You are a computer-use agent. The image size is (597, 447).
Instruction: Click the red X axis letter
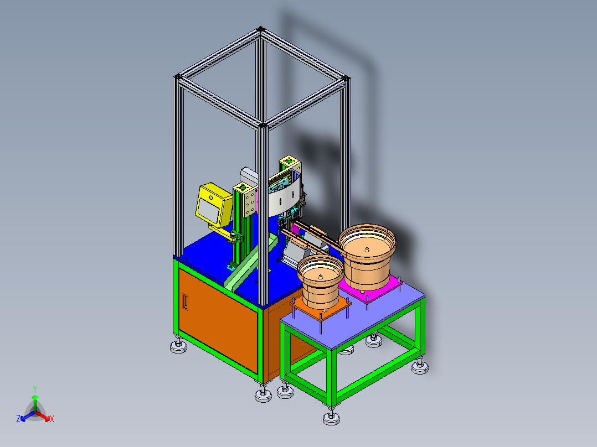(x=52, y=419)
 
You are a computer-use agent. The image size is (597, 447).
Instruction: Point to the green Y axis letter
(x=35, y=389)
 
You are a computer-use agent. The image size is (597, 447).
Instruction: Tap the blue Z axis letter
(x=18, y=418)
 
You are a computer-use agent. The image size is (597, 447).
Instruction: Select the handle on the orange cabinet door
(x=185, y=302)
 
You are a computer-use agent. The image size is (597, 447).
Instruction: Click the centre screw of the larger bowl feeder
(x=367, y=250)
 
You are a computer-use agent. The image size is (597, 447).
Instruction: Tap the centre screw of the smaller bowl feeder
(x=321, y=277)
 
